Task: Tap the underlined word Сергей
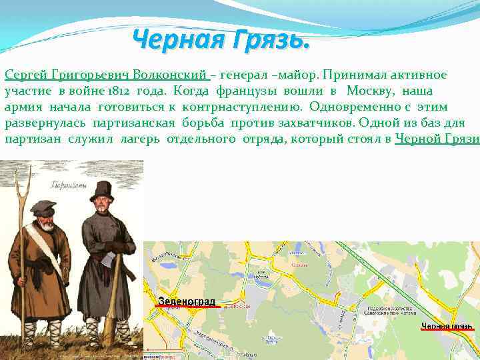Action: [25, 75]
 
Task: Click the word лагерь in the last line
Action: [143, 139]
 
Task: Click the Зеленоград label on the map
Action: [187, 301]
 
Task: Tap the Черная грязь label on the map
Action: [447, 326]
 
